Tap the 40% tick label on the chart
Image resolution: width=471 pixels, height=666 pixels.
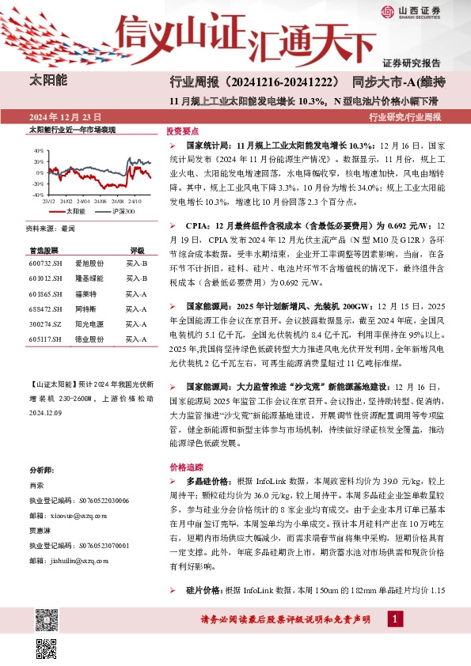38,149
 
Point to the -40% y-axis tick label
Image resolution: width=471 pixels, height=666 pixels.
37,193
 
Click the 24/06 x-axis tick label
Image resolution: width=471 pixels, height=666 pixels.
101,200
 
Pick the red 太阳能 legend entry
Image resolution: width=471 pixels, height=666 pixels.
74,211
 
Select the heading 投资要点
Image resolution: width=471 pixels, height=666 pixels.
182,131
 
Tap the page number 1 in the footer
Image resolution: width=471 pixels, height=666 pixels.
393,619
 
